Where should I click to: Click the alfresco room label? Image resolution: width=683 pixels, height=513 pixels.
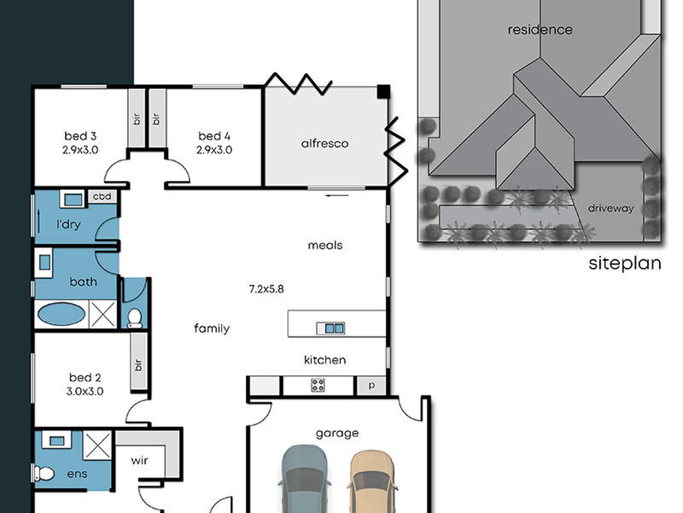click(x=325, y=144)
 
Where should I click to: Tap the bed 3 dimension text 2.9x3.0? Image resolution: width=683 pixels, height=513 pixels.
click(x=80, y=150)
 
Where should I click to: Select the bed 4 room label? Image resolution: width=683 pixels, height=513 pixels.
click(x=214, y=136)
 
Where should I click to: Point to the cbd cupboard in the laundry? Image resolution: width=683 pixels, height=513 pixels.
click(x=102, y=197)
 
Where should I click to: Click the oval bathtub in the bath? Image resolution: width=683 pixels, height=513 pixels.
click(x=61, y=314)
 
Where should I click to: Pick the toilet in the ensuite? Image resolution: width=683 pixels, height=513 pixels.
click(x=43, y=473)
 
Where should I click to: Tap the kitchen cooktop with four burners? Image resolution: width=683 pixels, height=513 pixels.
click(x=318, y=385)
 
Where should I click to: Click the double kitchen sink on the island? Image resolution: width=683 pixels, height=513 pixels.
click(x=330, y=328)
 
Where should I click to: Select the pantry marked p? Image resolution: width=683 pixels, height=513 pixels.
click(x=372, y=386)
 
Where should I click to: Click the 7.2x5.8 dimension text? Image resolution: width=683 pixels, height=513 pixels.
click(x=266, y=289)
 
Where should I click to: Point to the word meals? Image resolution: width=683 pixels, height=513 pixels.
click(x=325, y=246)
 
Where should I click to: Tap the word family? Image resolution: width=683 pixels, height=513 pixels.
click(x=212, y=328)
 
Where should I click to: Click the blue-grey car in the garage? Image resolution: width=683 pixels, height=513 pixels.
click(x=304, y=479)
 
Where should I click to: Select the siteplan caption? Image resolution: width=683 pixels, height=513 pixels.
click(x=625, y=264)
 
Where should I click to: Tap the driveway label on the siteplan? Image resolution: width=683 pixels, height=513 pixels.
click(x=611, y=208)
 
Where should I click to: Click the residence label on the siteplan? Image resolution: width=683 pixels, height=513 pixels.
click(x=540, y=30)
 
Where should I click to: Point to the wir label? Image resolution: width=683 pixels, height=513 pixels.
click(x=139, y=460)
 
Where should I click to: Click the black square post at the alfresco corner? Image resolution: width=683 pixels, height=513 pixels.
click(x=383, y=91)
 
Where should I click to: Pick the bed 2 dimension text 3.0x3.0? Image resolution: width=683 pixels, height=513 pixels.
click(x=85, y=391)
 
